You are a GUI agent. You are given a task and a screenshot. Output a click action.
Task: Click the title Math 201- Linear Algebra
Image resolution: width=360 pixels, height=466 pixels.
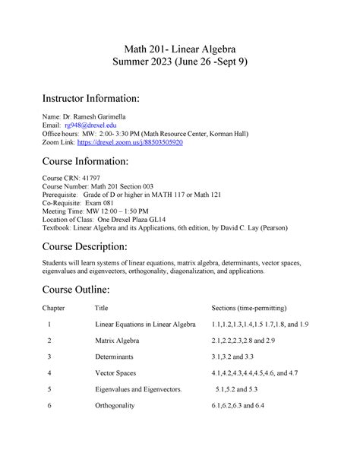[x=180, y=45]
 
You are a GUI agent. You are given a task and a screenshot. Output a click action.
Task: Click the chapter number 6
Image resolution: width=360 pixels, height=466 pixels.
[x=49, y=406]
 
